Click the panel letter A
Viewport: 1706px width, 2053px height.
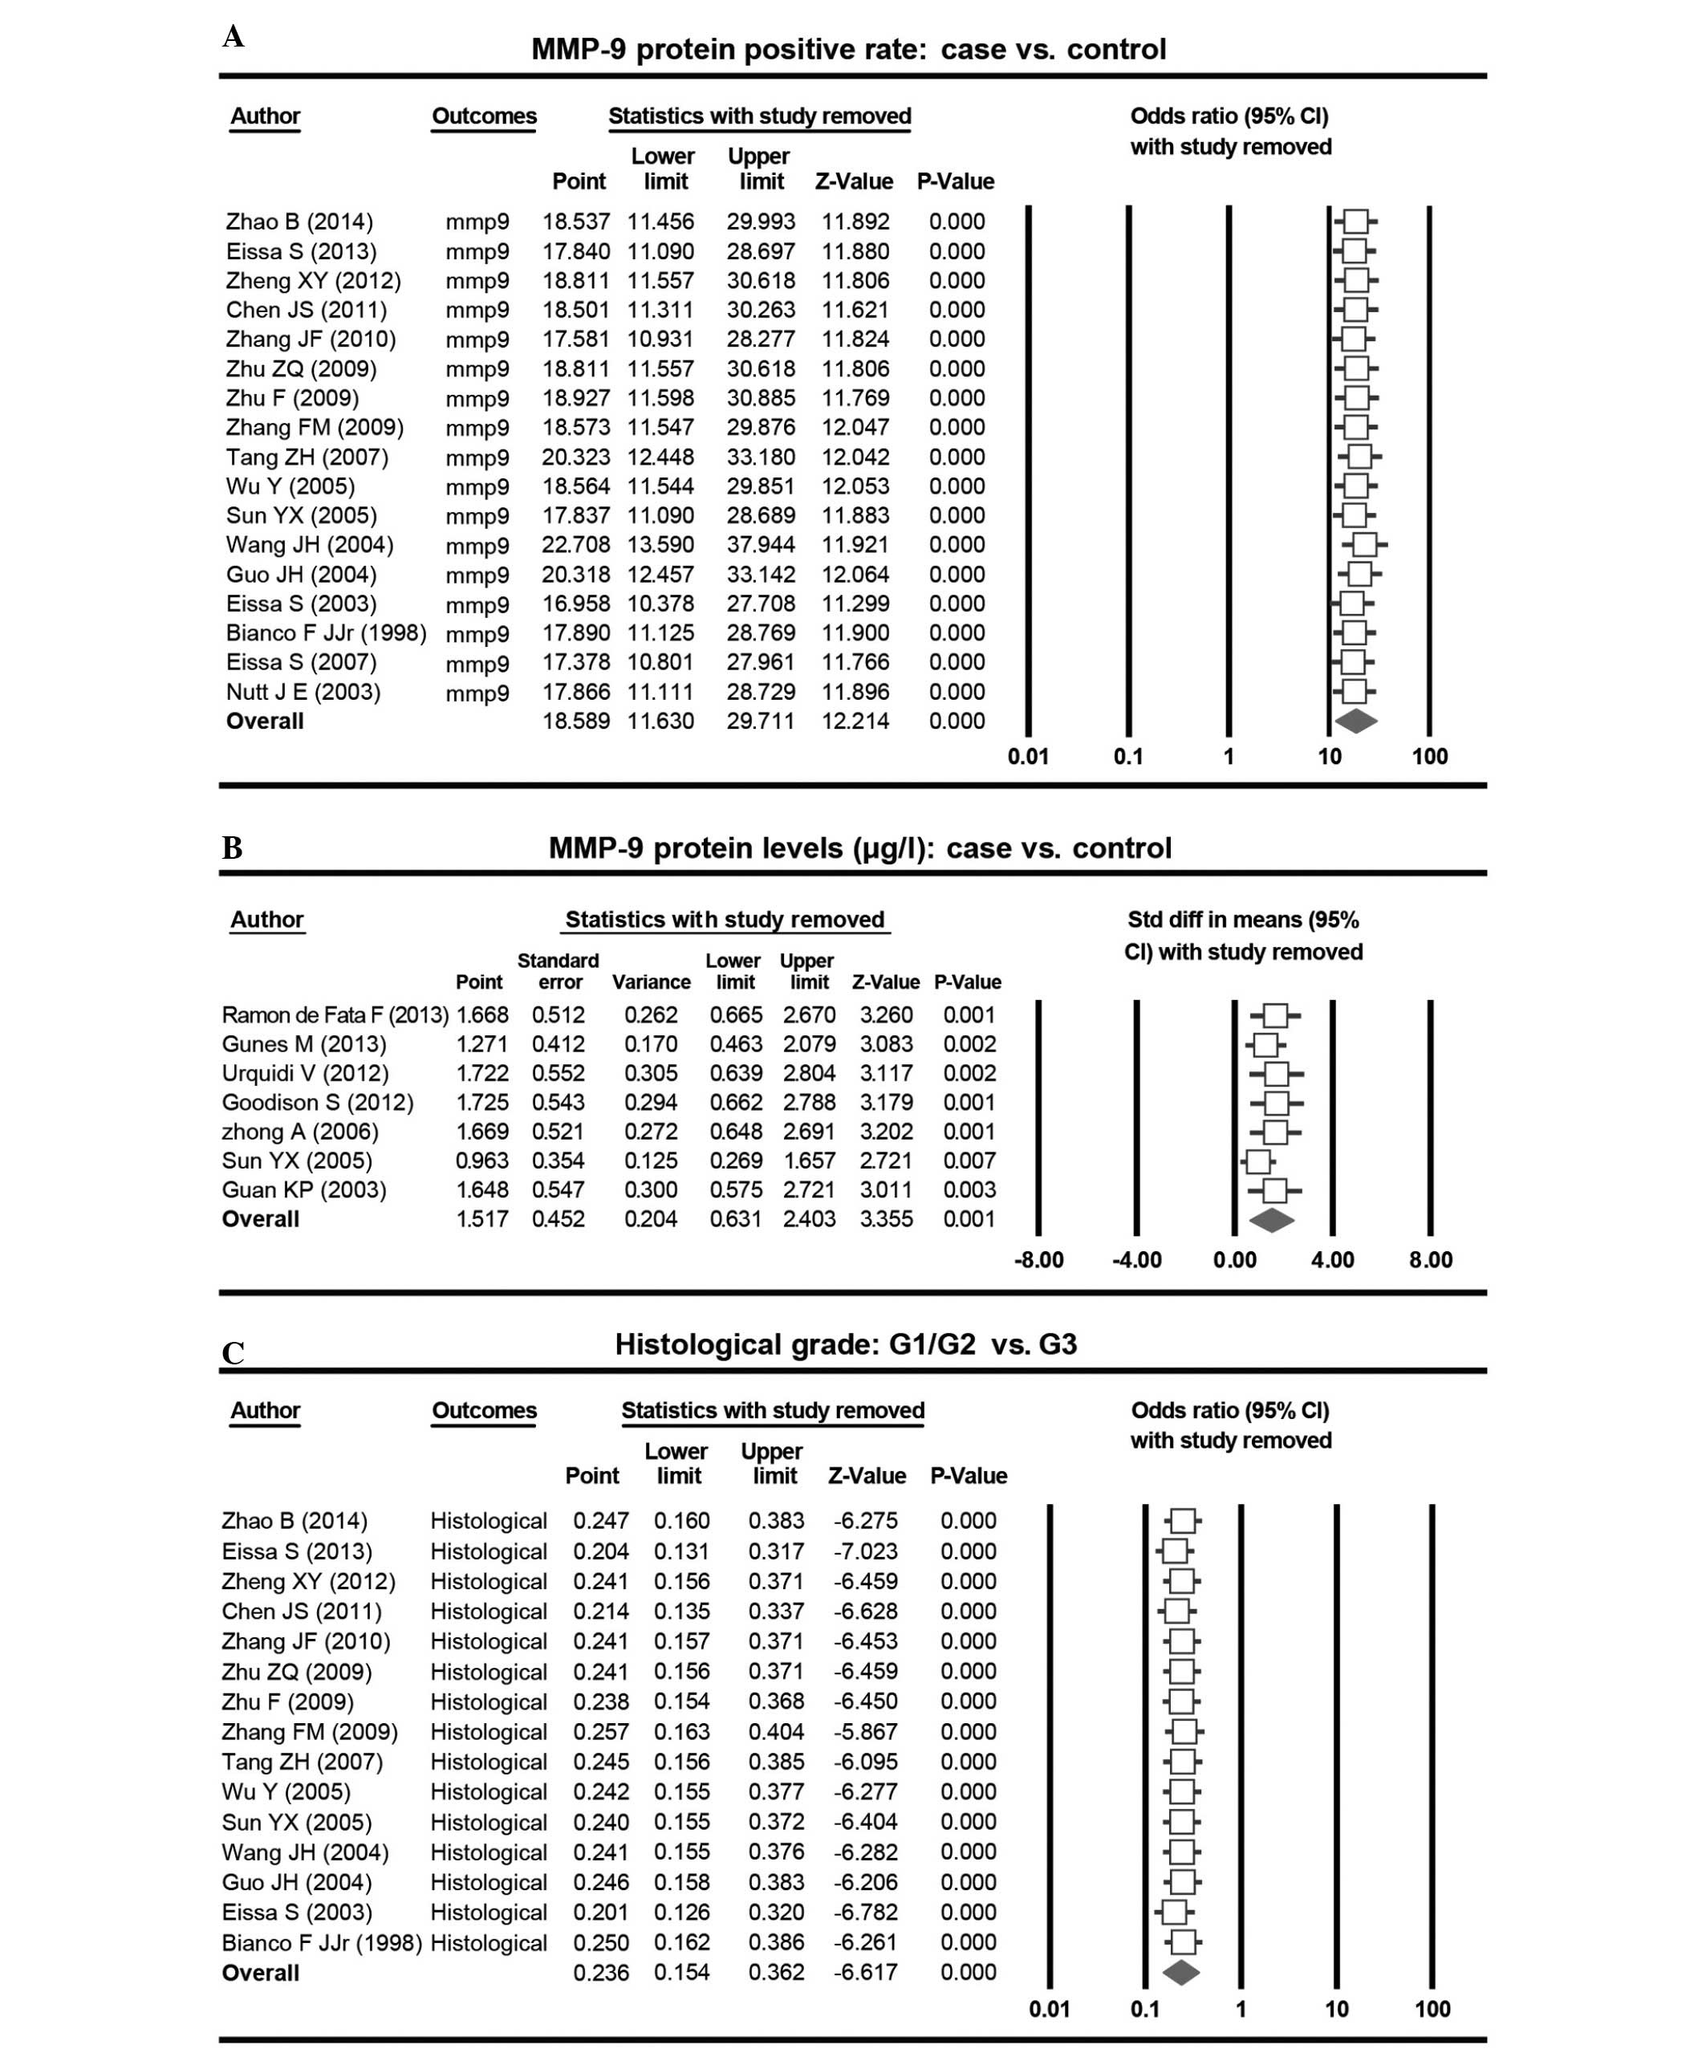[x=233, y=37]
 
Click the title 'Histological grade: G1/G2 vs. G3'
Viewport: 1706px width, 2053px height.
[x=846, y=1344]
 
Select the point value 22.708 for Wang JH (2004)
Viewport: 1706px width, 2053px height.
[x=576, y=544]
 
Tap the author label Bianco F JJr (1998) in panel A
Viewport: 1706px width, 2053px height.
[x=326, y=632]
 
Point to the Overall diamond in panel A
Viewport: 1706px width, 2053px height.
[x=1355, y=722]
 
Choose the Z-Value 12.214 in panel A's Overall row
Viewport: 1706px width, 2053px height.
[x=855, y=722]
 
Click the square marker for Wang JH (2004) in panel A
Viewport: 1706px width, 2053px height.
[x=1365, y=544]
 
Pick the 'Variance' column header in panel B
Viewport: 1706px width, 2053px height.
[x=651, y=982]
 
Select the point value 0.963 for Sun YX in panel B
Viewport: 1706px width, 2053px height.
[x=482, y=1161]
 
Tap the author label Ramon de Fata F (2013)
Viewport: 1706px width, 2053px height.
[x=335, y=1014]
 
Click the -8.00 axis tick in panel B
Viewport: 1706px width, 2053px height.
[x=1038, y=1259]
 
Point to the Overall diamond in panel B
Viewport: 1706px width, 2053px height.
[x=1272, y=1219]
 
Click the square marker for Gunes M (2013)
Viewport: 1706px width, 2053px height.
[x=1265, y=1044]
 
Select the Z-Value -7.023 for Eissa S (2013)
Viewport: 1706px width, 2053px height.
[x=866, y=1551]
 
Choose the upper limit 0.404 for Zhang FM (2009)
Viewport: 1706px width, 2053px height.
[x=776, y=1731]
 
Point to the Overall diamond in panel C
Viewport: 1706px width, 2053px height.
[x=1181, y=1973]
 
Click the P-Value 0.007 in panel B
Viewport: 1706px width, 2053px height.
[x=969, y=1161]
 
